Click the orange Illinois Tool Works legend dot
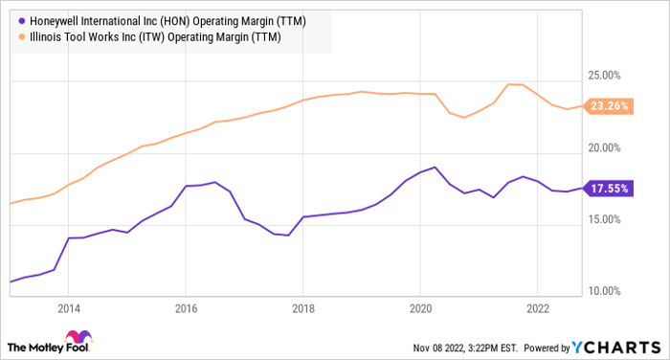coord(21,35)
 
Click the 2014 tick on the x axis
coord(68,309)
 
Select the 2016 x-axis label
coord(186,309)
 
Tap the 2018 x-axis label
coord(302,309)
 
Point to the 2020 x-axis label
coord(420,309)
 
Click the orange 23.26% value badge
coord(611,106)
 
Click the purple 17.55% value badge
coord(611,189)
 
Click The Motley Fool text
coord(33,346)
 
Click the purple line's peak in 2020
coord(435,168)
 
